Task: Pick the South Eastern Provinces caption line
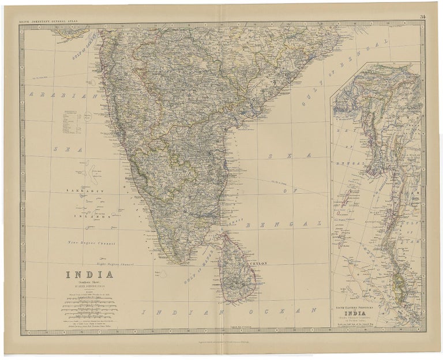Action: pyautogui.click(x=358, y=308)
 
